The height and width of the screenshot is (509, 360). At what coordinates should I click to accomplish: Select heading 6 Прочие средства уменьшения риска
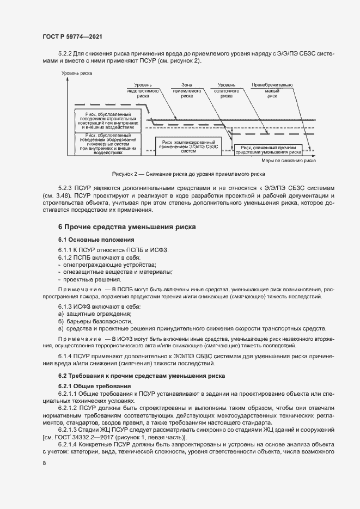tap(127, 226)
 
